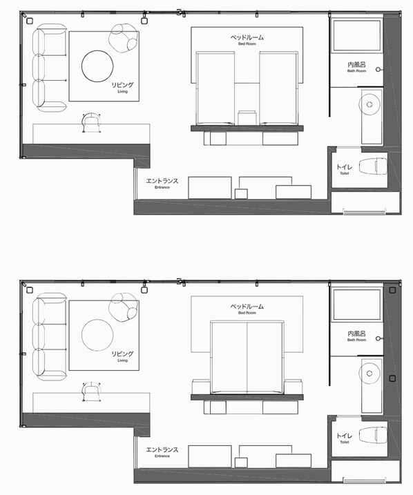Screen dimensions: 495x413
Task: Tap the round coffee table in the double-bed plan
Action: click(x=97, y=335)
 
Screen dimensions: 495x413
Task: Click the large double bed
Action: click(x=247, y=356)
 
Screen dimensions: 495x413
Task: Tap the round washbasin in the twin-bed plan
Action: click(x=371, y=104)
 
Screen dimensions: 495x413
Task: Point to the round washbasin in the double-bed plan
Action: click(x=371, y=373)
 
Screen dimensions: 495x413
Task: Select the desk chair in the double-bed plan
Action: click(x=91, y=391)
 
